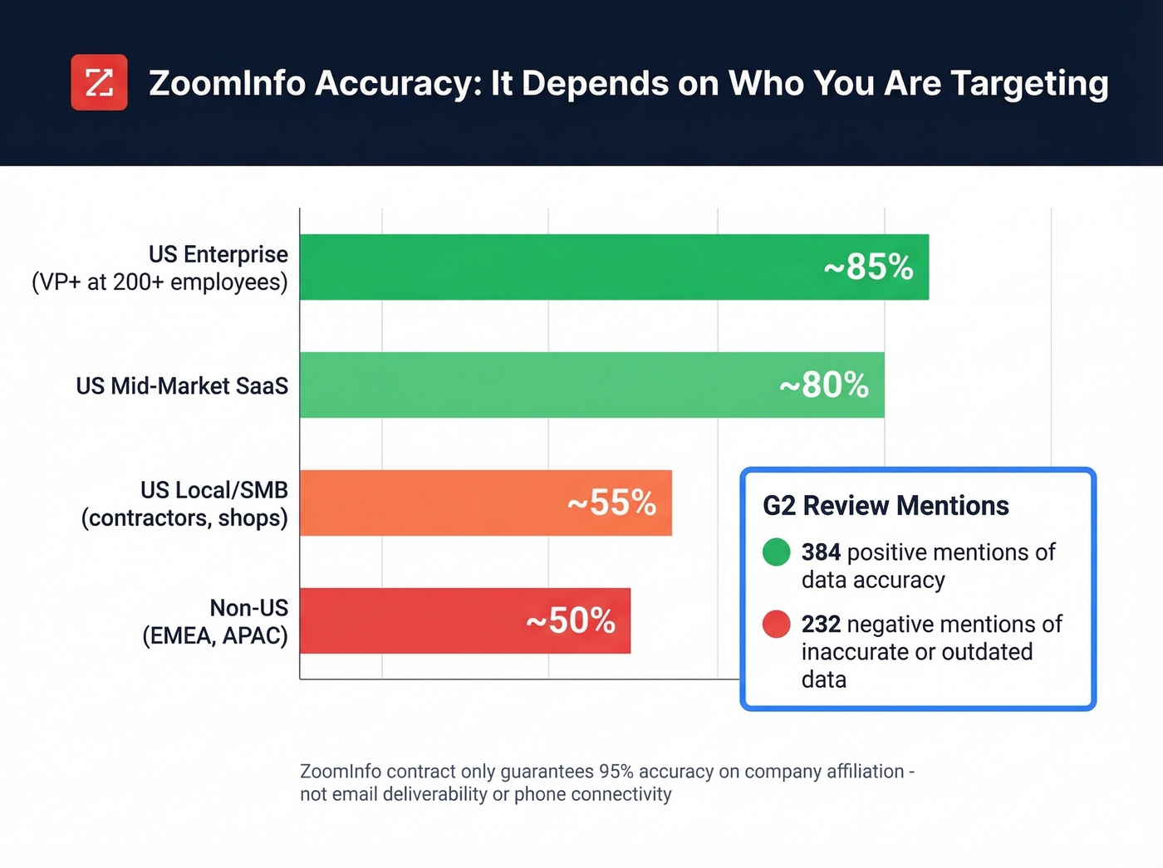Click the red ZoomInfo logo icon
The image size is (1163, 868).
coord(99,82)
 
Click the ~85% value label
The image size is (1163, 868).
coord(868,267)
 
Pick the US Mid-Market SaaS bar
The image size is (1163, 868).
coord(515,385)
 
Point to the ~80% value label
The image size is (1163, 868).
coord(823,385)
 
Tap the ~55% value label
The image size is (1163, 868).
coord(611,503)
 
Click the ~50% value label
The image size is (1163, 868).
coord(571,621)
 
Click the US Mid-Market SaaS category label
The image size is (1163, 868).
coord(182,386)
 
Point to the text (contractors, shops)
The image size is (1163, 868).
coord(184,518)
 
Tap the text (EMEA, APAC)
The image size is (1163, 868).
coord(215,636)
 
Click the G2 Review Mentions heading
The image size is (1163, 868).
coord(886,506)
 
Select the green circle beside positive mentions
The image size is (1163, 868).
coord(776,552)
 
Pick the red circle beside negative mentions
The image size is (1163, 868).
coord(776,624)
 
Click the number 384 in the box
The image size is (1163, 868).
coord(821,552)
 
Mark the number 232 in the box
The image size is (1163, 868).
coord(821,625)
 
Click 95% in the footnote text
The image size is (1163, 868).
coord(616,772)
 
